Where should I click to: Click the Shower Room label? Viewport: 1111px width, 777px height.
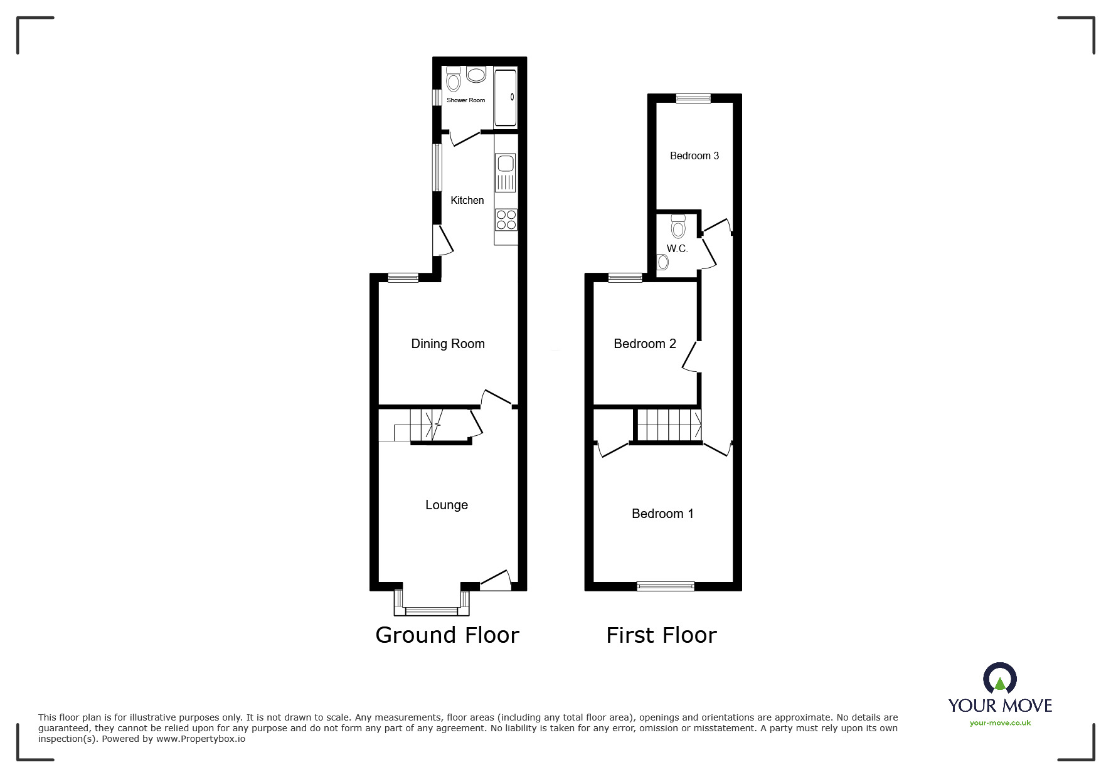[465, 100]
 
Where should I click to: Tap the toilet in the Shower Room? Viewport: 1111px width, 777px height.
[453, 80]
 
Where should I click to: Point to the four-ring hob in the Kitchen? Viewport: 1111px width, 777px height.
[506, 219]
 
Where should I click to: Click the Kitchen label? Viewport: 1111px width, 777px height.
[467, 201]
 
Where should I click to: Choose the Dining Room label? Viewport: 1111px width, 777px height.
[448, 344]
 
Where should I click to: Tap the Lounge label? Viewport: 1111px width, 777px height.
[447, 505]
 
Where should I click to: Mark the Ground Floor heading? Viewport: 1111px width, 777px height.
[447, 635]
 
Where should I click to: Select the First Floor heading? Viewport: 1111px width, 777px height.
[661, 635]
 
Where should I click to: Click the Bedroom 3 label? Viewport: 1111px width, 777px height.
[694, 156]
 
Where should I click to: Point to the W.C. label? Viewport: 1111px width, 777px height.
[678, 249]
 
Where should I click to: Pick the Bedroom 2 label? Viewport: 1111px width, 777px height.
[645, 344]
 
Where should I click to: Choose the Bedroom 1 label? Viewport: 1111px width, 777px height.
[662, 514]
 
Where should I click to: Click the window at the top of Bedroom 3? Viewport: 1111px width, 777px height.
[693, 98]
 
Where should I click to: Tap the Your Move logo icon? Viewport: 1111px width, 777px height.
[999, 679]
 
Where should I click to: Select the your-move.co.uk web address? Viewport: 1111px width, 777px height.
[1000, 723]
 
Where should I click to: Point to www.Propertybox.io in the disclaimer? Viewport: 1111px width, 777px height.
[201, 739]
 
